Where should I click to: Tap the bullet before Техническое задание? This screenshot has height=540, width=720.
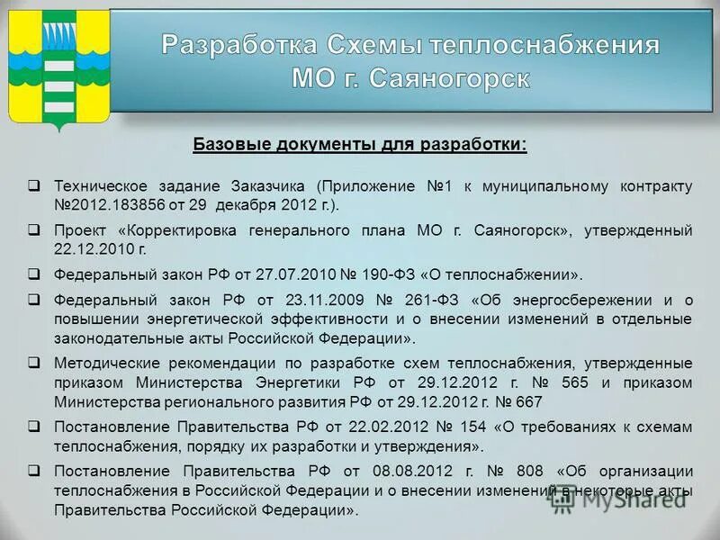click(33, 186)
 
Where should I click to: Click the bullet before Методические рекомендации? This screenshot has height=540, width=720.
click(33, 363)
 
